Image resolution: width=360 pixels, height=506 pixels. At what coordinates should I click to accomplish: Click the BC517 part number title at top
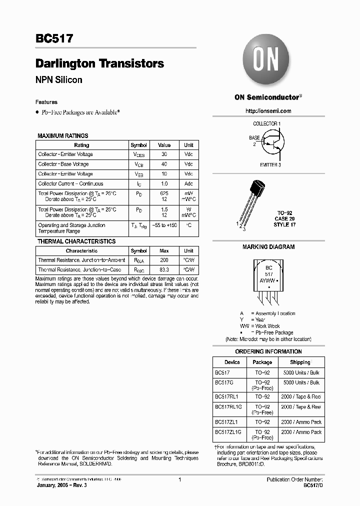(x=54, y=38)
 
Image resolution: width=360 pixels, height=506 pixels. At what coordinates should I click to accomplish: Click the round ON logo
(x=265, y=60)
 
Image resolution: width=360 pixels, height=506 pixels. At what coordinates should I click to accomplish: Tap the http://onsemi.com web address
(x=268, y=111)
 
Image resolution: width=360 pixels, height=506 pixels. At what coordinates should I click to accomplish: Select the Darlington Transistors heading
(x=99, y=63)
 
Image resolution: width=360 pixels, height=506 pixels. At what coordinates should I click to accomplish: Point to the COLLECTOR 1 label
(x=266, y=123)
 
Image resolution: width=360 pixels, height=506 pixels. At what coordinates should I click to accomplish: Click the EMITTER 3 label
(x=270, y=164)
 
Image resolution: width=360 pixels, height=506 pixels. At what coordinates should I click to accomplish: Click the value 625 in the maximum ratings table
(x=164, y=193)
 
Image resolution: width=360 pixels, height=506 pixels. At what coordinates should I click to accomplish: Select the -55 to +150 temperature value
(x=164, y=225)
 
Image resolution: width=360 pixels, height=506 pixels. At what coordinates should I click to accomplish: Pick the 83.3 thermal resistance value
(x=164, y=269)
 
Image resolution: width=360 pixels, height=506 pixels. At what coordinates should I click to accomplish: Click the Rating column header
(x=81, y=145)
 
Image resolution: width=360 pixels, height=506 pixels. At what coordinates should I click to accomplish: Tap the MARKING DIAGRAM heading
(x=268, y=247)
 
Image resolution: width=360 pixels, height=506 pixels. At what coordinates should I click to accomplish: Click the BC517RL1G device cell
(x=228, y=407)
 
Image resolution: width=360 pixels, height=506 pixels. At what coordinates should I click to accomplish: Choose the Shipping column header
(x=300, y=362)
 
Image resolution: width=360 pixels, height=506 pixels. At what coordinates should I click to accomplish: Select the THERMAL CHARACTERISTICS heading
(x=76, y=241)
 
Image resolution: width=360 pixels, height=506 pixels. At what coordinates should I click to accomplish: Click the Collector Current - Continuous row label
(x=70, y=183)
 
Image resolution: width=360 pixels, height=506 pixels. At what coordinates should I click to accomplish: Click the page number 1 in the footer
(x=179, y=479)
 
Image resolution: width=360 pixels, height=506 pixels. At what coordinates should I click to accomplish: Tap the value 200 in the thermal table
(x=164, y=260)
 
